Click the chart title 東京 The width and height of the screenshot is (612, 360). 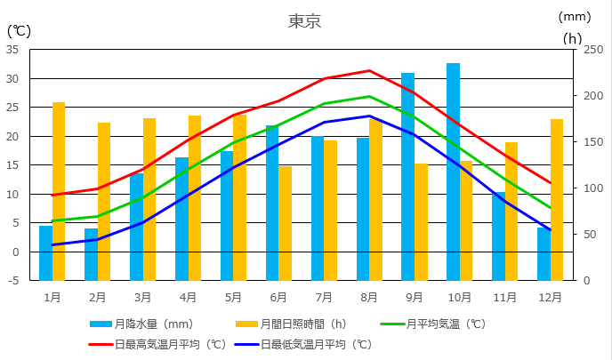point(304,20)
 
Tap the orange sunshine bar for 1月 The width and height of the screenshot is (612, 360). point(59,191)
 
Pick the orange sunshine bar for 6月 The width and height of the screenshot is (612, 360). point(286,223)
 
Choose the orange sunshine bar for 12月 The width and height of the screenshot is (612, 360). point(557,199)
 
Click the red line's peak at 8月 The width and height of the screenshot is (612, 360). point(369,70)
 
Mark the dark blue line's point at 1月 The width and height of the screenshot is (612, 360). point(52,244)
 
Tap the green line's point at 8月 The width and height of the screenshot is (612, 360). point(369,96)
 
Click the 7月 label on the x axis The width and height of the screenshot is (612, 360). point(324,296)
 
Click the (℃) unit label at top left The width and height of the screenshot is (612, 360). point(19,30)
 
